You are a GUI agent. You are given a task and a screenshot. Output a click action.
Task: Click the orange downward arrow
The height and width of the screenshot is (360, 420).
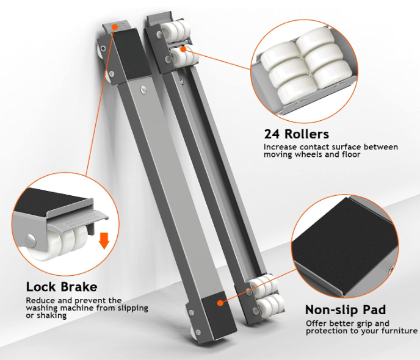point(104,240)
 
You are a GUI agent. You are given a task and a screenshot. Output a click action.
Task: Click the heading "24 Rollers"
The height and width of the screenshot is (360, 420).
point(297,134)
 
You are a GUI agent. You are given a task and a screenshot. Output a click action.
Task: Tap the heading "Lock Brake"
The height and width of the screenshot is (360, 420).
point(62,287)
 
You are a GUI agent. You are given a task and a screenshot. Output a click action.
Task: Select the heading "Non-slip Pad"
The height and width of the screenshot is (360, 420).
point(346,310)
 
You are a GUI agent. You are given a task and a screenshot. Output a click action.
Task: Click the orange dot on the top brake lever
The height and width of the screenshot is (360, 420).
point(115,27)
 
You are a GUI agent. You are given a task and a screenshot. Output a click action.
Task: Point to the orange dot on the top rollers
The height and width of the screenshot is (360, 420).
point(184,49)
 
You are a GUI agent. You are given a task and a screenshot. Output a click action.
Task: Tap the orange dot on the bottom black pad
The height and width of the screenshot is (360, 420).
point(220,303)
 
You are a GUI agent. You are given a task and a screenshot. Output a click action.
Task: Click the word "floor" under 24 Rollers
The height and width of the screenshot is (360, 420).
point(351,154)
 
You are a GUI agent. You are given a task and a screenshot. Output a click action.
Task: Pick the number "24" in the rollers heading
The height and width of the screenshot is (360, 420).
point(272,134)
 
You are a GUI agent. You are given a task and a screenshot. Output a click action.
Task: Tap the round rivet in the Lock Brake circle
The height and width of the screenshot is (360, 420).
point(31,239)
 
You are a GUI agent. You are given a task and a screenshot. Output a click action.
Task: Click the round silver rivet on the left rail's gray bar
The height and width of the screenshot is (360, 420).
point(143,90)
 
